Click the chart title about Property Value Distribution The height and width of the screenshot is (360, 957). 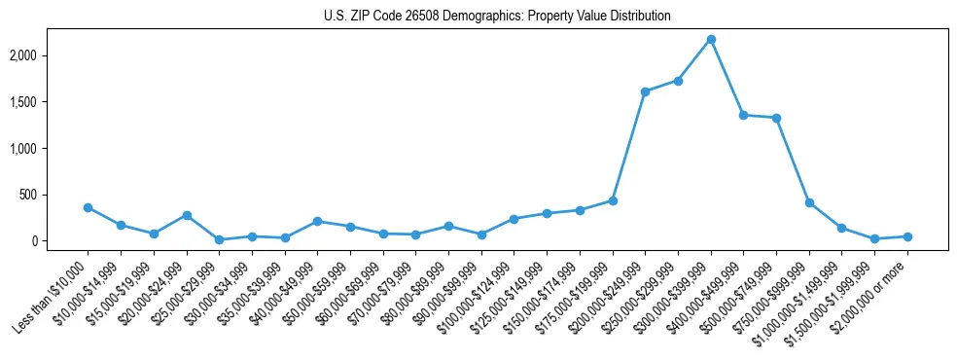tap(497, 17)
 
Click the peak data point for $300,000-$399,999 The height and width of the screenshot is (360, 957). tap(711, 40)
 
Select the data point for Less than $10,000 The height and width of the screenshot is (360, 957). tap(88, 207)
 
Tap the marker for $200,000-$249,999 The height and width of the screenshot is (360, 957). tap(645, 91)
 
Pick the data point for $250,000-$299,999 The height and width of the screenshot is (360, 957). tap(678, 81)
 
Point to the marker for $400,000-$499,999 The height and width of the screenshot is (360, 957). tap(743, 115)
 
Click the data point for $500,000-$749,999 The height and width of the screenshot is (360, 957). tap(776, 118)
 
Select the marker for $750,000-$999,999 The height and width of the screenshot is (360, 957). tap(809, 202)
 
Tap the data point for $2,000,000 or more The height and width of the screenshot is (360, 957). tap(907, 236)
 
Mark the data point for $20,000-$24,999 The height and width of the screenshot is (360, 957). tap(187, 215)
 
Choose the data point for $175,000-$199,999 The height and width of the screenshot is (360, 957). tap(613, 200)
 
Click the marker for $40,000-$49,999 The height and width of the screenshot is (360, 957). tap(317, 221)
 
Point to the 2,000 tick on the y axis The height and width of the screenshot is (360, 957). tap(49, 55)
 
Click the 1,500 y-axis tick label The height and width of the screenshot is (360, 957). tap(49, 102)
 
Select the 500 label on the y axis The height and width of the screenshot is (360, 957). tap(55, 195)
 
